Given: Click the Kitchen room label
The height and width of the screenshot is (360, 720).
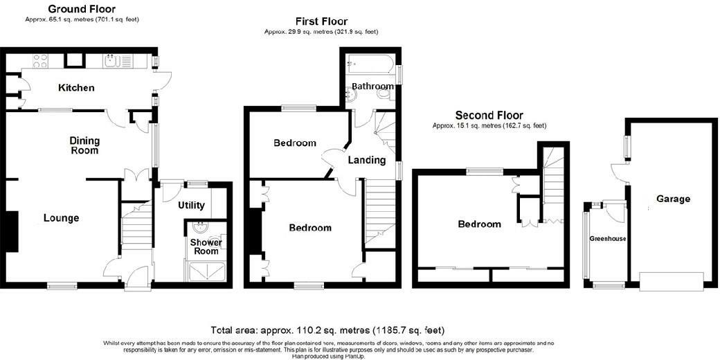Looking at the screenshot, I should point(76,88).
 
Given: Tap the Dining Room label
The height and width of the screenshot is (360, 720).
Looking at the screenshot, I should point(84,145).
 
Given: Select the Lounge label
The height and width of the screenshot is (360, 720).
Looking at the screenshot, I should point(62,218).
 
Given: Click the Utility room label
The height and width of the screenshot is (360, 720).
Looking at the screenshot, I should point(191,206).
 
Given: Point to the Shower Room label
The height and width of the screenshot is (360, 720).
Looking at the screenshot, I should point(206,247).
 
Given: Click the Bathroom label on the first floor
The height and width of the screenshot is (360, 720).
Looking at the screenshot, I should point(372,86).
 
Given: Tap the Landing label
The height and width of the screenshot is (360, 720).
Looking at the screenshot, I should point(366,160).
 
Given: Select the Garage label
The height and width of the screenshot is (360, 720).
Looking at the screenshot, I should point(673,199).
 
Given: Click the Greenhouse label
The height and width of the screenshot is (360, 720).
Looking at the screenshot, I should point(608,239).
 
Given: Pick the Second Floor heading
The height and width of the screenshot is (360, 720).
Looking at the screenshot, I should point(489,115).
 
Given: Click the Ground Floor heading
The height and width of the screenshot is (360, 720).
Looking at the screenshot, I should point(82,9).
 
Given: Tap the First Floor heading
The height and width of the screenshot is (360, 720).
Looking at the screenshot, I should point(321,21).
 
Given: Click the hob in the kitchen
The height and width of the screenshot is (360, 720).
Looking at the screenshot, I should point(39,61).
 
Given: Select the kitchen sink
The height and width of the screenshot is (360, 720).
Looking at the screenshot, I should point(112,61).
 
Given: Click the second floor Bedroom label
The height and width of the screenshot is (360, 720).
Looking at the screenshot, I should point(479,224).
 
